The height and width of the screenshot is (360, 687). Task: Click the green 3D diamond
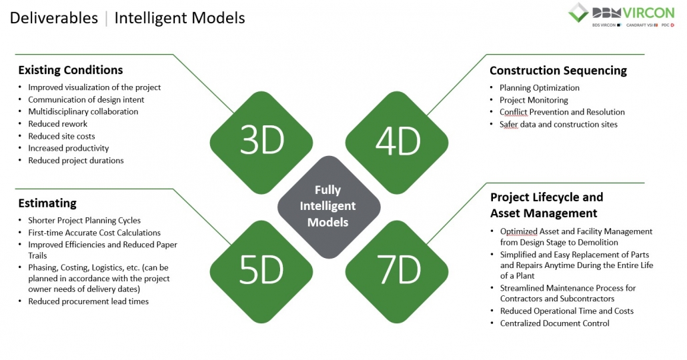click(261, 143)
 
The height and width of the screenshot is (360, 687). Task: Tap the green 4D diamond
click(397, 143)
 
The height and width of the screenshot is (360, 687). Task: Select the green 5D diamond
click(261, 271)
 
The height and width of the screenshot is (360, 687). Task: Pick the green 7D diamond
click(397, 271)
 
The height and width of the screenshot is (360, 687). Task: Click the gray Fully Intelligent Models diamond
click(329, 207)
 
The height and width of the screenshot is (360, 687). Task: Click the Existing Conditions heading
click(71, 70)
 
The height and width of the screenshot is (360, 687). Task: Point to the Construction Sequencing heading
click(558, 71)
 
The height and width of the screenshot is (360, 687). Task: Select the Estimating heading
click(47, 203)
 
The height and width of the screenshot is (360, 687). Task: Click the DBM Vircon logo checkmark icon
click(578, 12)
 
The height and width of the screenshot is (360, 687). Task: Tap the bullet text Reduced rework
click(58, 124)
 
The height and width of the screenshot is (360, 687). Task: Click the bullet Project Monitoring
click(534, 100)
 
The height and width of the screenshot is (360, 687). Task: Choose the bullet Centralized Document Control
click(555, 323)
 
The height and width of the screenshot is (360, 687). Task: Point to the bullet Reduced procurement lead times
click(89, 301)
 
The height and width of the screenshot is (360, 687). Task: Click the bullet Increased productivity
click(68, 149)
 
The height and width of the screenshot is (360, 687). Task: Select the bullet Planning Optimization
click(540, 88)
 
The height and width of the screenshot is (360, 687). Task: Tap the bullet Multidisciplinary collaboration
click(83, 112)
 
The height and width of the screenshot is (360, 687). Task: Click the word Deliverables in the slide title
click(54, 18)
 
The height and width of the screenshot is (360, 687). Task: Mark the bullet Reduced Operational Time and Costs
click(567, 311)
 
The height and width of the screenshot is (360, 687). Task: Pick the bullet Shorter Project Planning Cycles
click(85, 220)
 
